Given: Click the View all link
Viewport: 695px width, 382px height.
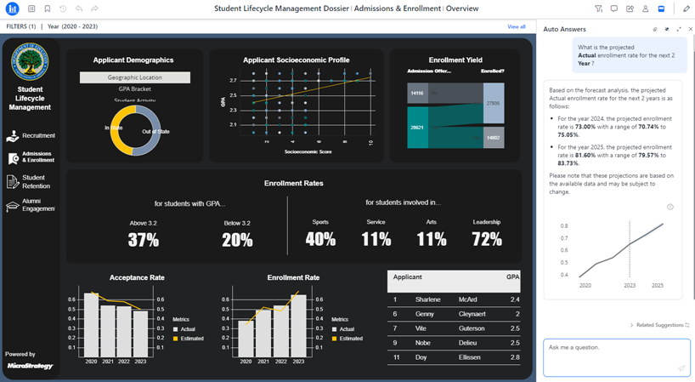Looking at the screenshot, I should point(516,27).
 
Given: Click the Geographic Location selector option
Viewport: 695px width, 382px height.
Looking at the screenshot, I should point(135,77).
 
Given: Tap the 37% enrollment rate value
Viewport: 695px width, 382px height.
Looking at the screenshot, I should point(144,240).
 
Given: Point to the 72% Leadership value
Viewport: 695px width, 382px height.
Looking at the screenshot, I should point(486,240).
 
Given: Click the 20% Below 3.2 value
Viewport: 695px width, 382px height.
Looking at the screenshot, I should point(236,240).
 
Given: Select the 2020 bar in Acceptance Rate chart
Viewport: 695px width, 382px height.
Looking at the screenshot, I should point(90,324).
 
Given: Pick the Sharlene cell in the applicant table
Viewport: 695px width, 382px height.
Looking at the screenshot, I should point(427,299).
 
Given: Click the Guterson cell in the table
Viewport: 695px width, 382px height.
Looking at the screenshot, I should point(472,328).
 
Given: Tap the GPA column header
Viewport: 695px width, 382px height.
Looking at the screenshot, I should point(512,277).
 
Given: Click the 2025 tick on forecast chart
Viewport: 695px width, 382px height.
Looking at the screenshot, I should point(658,286).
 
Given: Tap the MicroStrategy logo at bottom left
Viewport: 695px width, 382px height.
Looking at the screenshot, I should point(30,366).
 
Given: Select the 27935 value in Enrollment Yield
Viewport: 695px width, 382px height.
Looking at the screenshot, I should point(493,103).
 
